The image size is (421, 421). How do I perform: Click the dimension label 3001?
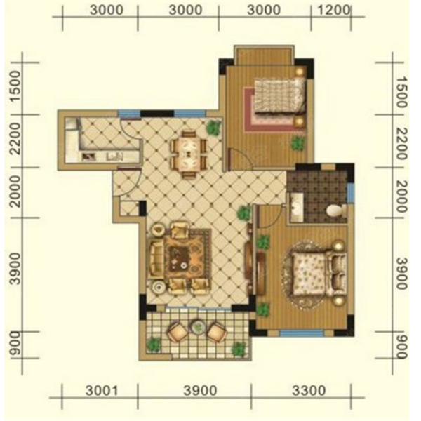[x=102, y=391]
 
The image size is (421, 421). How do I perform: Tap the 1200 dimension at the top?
[x=334, y=11]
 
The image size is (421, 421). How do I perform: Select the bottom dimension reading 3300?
[x=309, y=391]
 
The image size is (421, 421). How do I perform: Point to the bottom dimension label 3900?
[x=200, y=391]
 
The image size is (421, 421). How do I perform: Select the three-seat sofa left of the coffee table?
[x=156, y=258]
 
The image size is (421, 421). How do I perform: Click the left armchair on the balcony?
[x=178, y=332]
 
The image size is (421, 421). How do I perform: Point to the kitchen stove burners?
[x=88, y=156]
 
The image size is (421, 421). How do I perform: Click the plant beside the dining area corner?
[x=214, y=128]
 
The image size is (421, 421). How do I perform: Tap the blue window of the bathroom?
[x=351, y=193]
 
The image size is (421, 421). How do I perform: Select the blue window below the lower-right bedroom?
[x=302, y=333]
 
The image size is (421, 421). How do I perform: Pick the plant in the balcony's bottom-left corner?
[x=154, y=345]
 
